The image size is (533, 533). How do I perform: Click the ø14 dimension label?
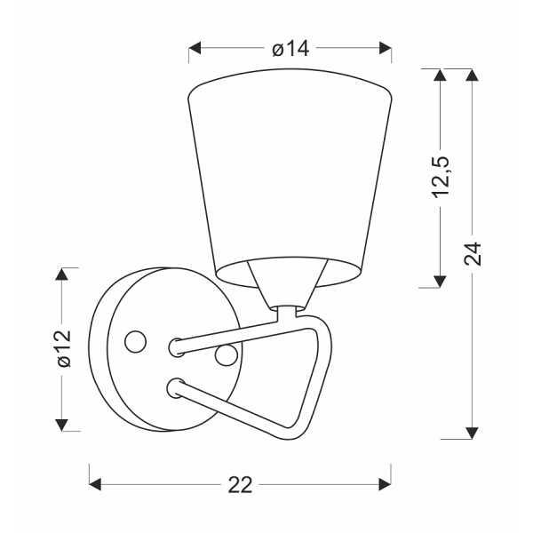290,49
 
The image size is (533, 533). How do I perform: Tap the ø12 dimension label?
64,348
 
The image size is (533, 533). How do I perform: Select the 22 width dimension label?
240,485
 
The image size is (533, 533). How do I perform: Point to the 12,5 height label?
441,177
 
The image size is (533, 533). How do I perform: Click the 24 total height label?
473,253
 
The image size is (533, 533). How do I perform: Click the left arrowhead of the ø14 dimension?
195,48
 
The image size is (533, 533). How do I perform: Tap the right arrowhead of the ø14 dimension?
386,48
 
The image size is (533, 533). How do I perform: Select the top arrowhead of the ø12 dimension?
61,274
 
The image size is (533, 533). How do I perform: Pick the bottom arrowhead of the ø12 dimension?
61,425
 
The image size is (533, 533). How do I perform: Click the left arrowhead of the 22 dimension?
95,484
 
